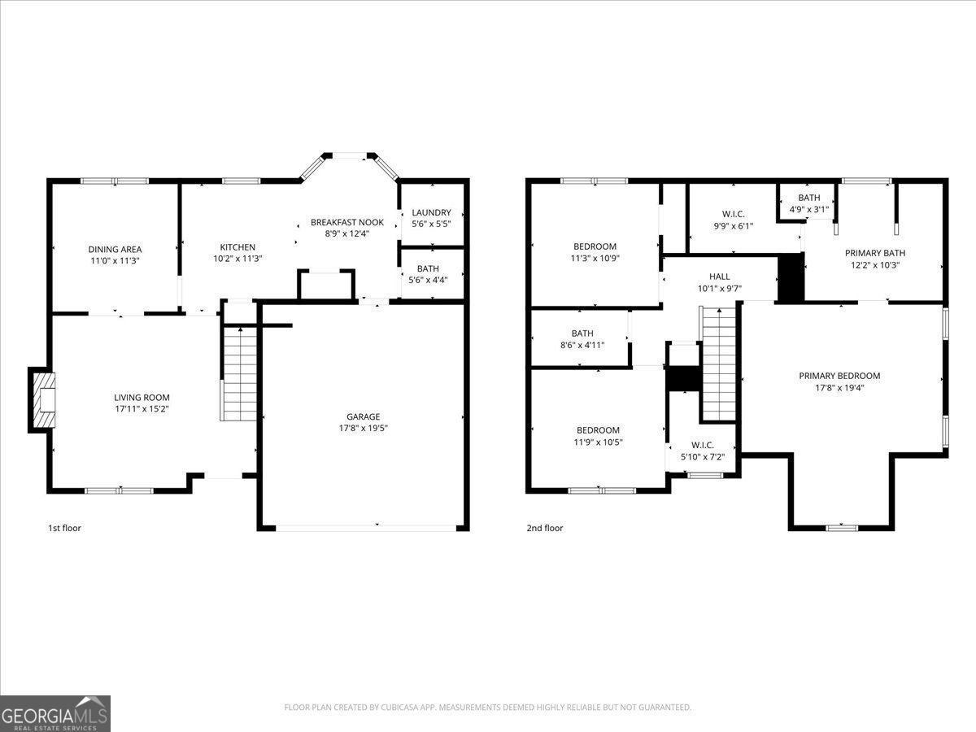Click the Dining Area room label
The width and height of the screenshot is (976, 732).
coord(115,249)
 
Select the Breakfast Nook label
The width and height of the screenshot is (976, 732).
coord(347,222)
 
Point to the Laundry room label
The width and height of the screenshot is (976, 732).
coord(431,212)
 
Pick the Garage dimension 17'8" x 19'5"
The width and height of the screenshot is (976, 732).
coord(364,428)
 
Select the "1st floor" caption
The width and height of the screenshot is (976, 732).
coord(64,528)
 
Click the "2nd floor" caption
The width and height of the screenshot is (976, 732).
coord(544,528)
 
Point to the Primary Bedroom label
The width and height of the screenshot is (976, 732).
coord(839,376)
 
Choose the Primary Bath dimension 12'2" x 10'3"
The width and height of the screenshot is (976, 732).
coord(874,264)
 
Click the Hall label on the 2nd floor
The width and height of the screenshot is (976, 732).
coord(719,277)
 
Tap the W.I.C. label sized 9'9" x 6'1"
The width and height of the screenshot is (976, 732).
coord(733,215)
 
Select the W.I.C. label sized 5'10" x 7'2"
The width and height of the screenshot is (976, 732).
coord(702,445)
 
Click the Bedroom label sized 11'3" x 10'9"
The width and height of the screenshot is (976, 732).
coord(595,246)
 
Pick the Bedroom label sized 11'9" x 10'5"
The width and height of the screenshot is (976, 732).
coord(598,430)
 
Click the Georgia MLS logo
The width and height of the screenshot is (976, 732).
coord(55,713)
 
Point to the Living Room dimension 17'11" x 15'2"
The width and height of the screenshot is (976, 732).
coord(142,409)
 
